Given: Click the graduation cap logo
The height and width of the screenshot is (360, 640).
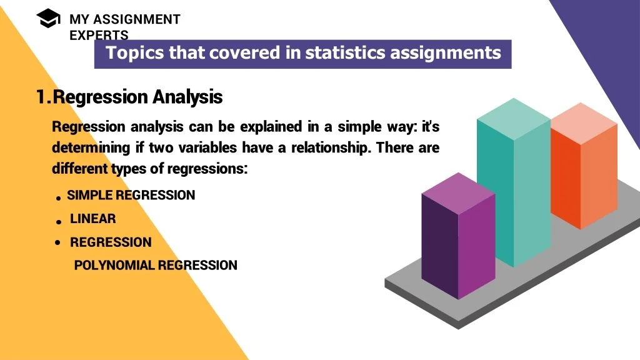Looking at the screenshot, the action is pos(48,18).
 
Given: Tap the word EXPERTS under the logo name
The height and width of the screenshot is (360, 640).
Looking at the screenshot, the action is pos(99,35).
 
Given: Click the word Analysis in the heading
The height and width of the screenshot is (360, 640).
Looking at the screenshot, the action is pos(187,97).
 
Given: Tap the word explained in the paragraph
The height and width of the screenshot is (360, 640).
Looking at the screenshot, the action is pos(271,126).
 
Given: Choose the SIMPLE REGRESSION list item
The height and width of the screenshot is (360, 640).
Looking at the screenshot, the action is pos(131,195).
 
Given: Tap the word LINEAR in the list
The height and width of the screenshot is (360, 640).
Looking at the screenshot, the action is pos(93,219).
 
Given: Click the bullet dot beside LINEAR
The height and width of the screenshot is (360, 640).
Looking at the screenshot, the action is pos(59,222).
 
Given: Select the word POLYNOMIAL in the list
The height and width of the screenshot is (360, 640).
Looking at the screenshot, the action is pos(114,265).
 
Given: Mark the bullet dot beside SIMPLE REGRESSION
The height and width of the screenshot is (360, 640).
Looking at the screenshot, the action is pos(58,199).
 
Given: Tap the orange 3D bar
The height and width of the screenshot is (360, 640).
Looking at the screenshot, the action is pos(584,166).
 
